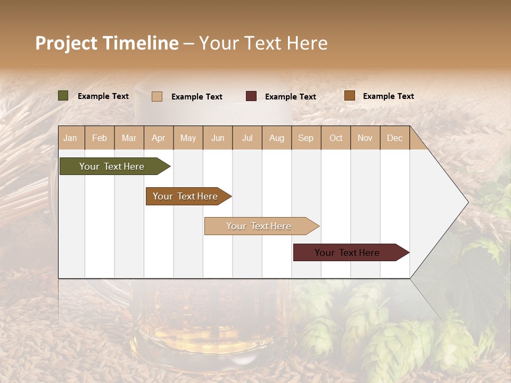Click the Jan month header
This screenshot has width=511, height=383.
point(70,138)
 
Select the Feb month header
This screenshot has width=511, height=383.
point(100,138)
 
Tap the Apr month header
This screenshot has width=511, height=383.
point(159,138)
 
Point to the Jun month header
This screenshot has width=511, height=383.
point(218,138)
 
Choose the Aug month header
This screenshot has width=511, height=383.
point(277,138)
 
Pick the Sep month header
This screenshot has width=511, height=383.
point(306,138)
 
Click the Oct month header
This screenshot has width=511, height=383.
point(336,138)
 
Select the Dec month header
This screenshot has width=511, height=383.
point(395,138)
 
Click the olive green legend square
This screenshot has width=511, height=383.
point(63,96)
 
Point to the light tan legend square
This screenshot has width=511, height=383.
point(157,96)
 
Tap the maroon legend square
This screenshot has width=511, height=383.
point(251,96)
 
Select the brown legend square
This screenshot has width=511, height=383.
point(350,96)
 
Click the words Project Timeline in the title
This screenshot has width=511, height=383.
point(107,43)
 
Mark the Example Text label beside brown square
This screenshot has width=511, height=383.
point(389,96)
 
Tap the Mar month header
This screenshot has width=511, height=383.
point(129,138)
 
